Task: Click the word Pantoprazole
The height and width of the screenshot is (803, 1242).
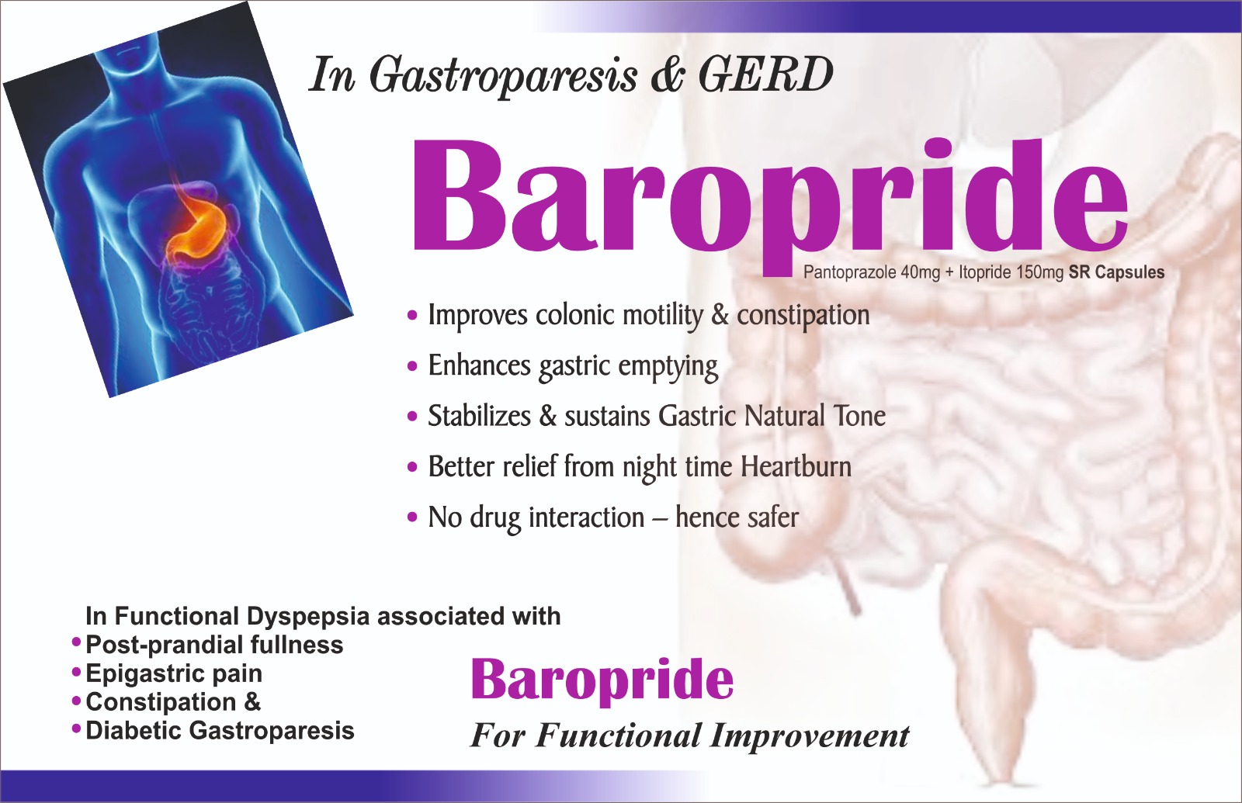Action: (851, 273)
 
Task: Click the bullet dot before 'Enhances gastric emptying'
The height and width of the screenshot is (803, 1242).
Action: (412, 366)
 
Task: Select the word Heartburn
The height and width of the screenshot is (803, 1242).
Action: (796, 466)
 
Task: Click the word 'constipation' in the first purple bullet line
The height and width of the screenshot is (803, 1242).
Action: (803, 316)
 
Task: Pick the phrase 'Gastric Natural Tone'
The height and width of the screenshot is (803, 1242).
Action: (772, 416)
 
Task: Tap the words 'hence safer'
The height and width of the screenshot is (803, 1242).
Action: (737, 517)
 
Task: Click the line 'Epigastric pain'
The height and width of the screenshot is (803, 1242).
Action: (174, 673)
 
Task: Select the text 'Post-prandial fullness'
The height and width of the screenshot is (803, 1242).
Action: (214, 645)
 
